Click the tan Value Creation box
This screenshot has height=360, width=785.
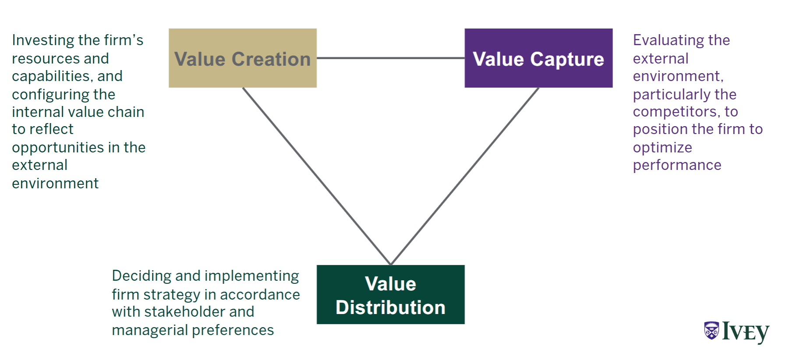point(242,58)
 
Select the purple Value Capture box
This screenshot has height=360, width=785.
point(538,58)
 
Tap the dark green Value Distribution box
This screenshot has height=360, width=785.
point(390,294)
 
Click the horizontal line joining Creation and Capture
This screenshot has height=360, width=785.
point(390,58)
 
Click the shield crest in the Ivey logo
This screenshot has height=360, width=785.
point(711,331)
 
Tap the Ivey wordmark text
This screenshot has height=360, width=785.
point(746,332)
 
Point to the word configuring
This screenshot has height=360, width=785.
point(45,95)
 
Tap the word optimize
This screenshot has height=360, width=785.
point(662,148)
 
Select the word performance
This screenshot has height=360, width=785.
point(677,166)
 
